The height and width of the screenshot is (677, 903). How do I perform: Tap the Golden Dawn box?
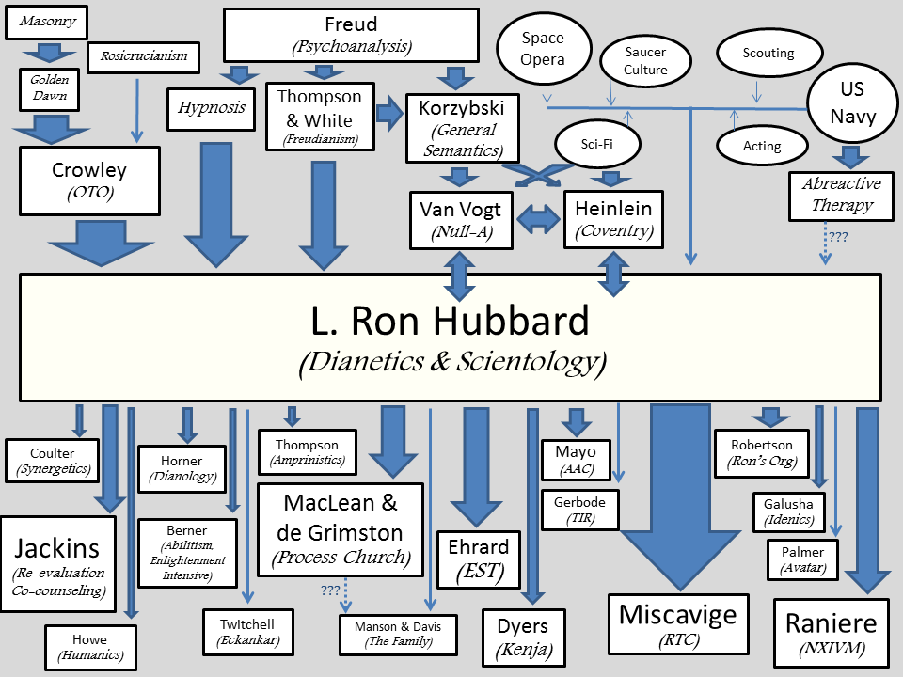49,89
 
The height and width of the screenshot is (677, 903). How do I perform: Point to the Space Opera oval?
544,50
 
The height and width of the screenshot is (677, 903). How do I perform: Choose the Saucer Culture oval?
645,61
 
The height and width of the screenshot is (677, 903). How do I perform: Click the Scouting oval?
768,54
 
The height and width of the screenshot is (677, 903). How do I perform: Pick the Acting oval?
762,146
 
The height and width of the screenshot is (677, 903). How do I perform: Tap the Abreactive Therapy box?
841,196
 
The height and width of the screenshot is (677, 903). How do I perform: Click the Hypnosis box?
212,108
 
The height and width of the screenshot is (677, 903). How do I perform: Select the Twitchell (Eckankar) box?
248,632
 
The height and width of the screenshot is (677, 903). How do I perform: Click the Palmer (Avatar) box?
802,559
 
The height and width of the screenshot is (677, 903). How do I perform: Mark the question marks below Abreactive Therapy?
836,238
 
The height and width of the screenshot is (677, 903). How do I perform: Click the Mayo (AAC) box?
576,459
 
